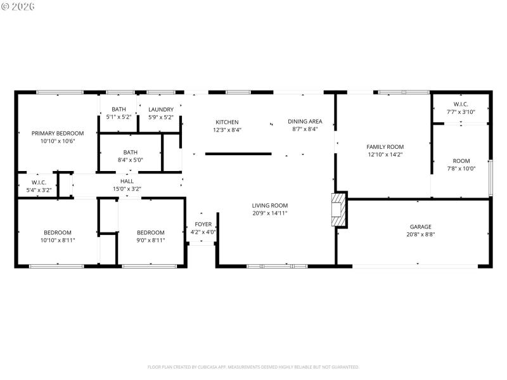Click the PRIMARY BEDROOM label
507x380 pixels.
click(58, 133)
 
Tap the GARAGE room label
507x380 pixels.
click(420, 227)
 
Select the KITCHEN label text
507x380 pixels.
click(227, 122)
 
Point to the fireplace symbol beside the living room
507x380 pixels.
click(339, 210)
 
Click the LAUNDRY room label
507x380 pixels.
click(161, 110)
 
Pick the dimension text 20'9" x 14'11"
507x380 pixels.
click(270, 213)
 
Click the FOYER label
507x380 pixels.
click(203, 224)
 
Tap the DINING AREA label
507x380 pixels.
click(305, 122)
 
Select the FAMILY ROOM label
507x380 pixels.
click(385, 146)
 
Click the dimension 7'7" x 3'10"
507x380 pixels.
click(461, 112)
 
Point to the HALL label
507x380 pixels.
click(127, 181)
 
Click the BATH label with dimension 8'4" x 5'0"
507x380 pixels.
click(131, 152)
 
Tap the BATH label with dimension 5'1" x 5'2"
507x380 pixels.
click(119, 110)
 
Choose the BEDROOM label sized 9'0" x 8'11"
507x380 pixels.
click(151, 232)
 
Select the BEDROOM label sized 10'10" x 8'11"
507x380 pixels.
click(58, 232)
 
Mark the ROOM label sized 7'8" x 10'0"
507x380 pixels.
click(461, 161)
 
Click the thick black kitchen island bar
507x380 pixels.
click(238, 153)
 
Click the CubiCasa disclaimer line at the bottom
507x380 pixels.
click(253, 367)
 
